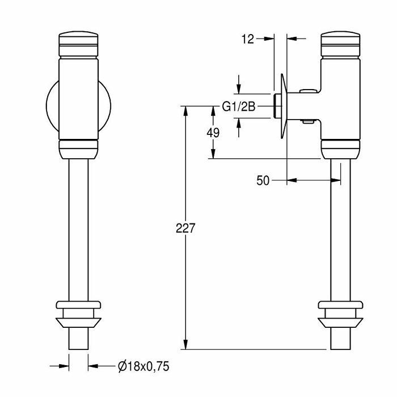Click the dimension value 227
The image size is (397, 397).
185,228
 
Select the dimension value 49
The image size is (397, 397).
213,133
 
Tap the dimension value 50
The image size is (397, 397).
263,180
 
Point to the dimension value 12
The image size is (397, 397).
247,39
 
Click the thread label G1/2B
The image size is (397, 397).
239,107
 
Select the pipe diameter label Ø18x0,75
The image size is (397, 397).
143,366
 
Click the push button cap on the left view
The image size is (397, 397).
78,44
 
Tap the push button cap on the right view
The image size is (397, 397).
340,44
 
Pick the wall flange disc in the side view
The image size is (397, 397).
284,107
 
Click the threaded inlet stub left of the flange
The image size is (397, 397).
277,106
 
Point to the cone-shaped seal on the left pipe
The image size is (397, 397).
78,323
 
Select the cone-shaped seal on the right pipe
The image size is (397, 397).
340,323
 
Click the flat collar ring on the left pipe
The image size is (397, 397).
78,305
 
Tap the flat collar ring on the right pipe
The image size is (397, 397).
340,305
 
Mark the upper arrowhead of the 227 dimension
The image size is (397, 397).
186,111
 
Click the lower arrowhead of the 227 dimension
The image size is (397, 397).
186,344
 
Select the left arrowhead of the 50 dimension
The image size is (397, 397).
292,180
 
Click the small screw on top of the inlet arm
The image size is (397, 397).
308,90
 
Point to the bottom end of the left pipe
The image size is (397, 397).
78,349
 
